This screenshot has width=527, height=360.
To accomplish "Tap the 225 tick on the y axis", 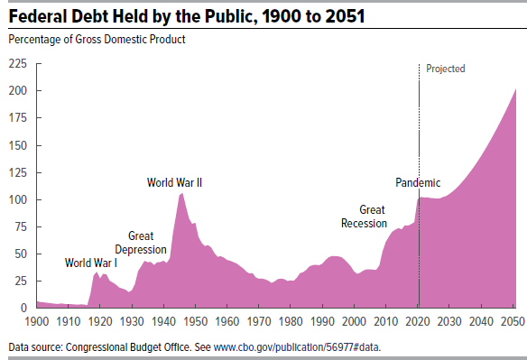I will pos(18,64).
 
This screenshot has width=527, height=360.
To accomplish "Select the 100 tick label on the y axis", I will pos(18,199).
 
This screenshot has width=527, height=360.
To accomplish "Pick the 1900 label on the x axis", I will pos(37,320).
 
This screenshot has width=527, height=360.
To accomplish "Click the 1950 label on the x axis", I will pos(195,320).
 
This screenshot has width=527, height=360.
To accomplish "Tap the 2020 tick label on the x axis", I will pos(418,320).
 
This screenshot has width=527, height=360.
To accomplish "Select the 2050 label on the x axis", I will pos(513,320).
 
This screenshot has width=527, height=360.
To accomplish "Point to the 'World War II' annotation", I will pos(174,182).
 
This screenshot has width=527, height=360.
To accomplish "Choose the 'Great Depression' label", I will pos(141,243).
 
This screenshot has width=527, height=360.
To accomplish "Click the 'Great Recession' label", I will pos(364,217).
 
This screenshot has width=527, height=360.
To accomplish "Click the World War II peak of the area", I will pos(182,194).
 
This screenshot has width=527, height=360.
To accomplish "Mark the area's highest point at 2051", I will pos(515,89).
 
